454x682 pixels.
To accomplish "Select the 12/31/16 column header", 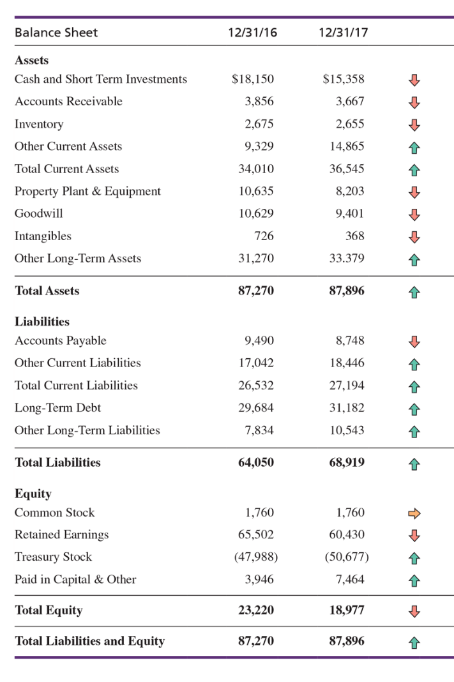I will point(252,33).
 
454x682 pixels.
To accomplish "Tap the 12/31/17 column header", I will point(343,33).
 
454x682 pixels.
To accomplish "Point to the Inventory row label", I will point(39,124).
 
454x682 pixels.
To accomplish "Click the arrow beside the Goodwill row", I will point(415,214).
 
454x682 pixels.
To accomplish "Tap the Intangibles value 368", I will point(354,236).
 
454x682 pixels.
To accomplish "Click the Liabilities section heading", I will point(42,321).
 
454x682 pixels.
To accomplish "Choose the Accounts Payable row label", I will point(61,340).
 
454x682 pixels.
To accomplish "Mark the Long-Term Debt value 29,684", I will point(256,407).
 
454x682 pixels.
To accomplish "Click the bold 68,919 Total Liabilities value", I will point(347,462).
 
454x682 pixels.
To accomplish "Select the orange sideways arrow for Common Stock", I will point(415,513).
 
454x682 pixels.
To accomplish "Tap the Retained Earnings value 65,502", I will point(256,534).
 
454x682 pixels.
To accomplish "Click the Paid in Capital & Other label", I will point(75,579).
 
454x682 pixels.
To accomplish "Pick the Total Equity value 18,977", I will point(347,610).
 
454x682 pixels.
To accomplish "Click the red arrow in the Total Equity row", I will point(415,611).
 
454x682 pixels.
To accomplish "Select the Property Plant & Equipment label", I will point(87,191).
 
